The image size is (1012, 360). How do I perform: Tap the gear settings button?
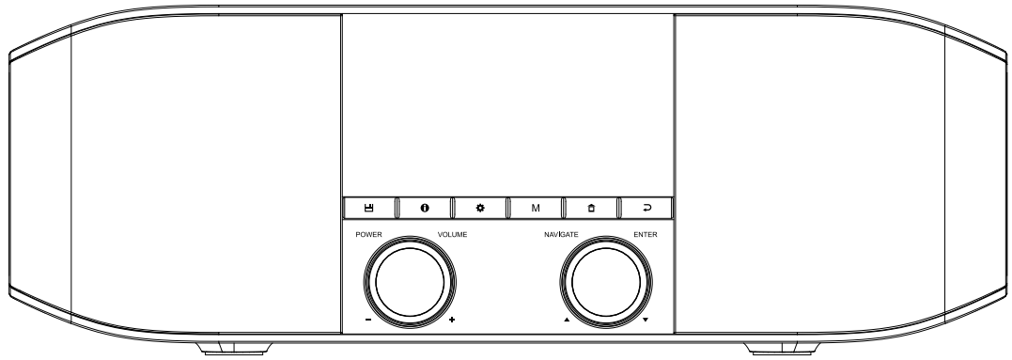[480, 207]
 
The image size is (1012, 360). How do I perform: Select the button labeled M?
[536, 207]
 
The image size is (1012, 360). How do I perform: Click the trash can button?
[590, 207]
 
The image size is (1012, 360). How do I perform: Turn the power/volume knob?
[411, 279]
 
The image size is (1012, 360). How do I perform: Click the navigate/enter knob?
[604, 279]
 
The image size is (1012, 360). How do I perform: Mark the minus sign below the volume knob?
[368, 321]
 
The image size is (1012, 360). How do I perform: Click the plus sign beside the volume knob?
[453, 321]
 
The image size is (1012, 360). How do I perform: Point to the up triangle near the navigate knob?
[567, 321]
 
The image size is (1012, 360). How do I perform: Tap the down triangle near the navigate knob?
[646, 321]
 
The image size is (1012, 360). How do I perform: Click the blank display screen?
[506, 103]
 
